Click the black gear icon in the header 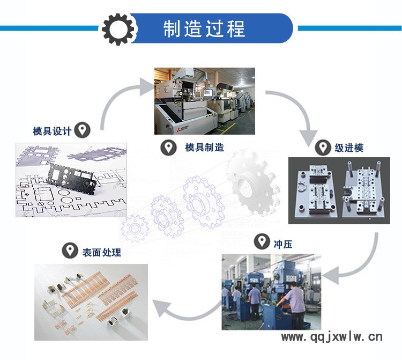click(118, 29)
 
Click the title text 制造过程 click(204, 29)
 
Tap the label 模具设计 click(52, 131)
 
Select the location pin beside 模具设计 click(82, 130)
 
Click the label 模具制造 click(204, 148)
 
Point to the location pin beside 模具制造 click(168, 148)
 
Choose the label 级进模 click(349, 148)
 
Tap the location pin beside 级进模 click(323, 148)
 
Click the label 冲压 click(283, 244)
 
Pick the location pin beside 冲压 click(262, 241)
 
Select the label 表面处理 click(101, 252)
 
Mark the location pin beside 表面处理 click(70, 250)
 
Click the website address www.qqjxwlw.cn click(332, 336)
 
